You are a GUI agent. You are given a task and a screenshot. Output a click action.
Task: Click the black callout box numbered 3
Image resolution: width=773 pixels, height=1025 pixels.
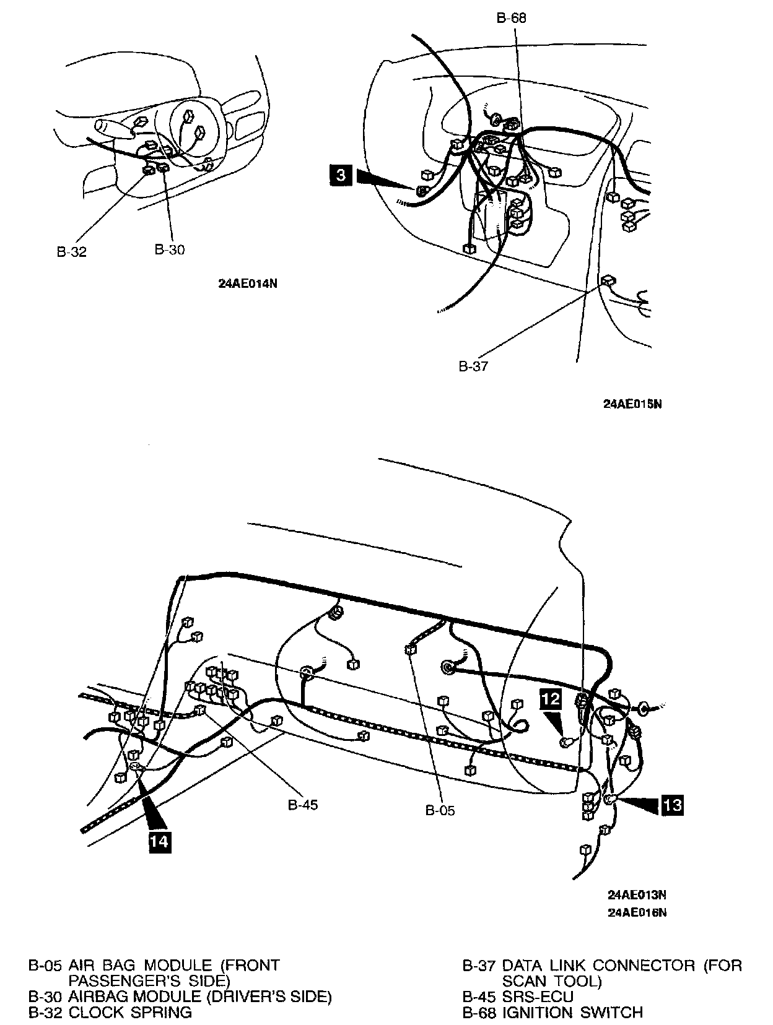point(341,176)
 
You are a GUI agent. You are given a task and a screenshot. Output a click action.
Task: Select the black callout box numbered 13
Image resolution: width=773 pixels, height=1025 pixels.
point(673,805)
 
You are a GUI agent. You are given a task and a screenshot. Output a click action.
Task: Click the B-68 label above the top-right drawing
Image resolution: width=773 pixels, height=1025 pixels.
point(511,18)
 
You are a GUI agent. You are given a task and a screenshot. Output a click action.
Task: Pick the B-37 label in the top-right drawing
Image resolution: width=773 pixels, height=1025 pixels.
point(473,366)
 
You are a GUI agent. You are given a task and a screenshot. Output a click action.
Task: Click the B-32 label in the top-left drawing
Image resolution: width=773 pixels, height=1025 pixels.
point(71,252)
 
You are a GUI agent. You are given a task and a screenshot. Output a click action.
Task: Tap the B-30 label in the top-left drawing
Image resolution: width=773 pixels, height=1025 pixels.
point(169,249)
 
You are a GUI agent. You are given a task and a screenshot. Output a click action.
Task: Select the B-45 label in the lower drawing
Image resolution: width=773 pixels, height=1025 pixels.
point(303,805)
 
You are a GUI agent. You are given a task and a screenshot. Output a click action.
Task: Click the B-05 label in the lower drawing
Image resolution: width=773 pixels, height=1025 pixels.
point(440,810)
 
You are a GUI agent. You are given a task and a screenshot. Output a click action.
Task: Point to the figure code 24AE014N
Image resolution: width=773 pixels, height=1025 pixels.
point(247,284)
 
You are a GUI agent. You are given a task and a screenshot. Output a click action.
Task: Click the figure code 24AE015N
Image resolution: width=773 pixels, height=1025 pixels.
point(632,404)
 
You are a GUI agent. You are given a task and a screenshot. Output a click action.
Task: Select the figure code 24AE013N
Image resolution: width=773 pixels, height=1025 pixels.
point(637,895)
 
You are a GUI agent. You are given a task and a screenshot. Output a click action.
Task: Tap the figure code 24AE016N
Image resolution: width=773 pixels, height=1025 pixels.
point(637,912)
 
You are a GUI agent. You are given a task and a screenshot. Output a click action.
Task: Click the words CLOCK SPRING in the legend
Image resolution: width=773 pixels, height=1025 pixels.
point(130,1012)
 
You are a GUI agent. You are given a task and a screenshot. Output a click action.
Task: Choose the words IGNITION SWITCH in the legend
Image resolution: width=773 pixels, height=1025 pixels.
point(572,1012)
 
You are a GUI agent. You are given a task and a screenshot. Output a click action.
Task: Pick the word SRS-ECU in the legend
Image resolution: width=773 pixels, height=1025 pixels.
point(538,997)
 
